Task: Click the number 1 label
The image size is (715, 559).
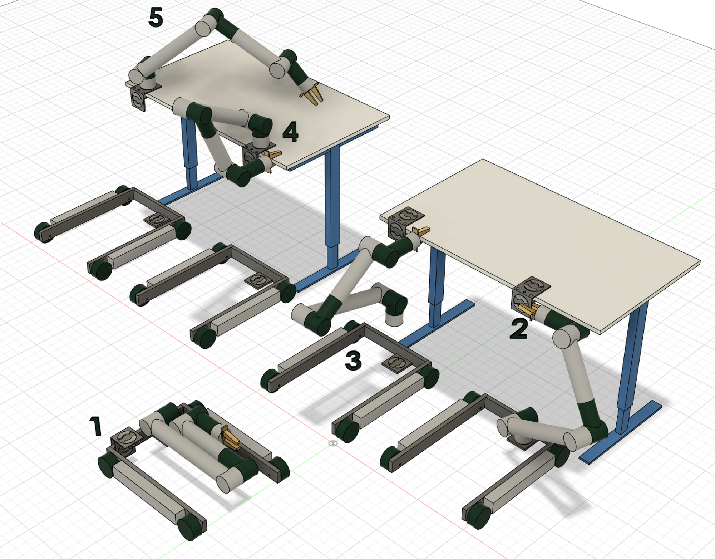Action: (x=95, y=426)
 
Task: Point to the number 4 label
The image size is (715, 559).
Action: (x=290, y=132)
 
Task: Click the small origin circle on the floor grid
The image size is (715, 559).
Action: (x=333, y=443)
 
